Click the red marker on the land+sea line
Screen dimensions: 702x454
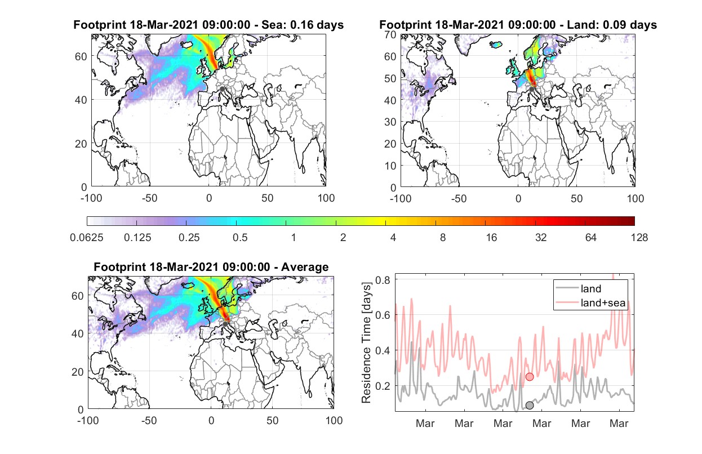(x=530, y=377)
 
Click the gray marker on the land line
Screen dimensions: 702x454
(x=530, y=406)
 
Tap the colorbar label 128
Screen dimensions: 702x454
(x=639, y=238)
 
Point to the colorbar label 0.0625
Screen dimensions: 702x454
(x=87, y=238)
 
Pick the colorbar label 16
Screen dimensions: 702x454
(x=491, y=238)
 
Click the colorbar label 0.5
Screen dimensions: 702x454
(x=240, y=238)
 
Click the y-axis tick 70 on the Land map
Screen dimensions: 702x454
(x=390, y=34)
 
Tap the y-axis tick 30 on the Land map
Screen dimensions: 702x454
(x=390, y=122)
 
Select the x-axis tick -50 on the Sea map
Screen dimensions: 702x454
(x=149, y=198)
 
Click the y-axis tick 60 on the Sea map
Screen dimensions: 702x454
(x=81, y=56)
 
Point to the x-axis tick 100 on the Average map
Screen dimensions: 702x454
(x=334, y=420)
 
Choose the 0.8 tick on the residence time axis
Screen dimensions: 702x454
(x=383, y=280)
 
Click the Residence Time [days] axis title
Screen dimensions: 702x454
(x=366, y=343)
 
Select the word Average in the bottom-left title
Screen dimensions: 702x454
(x=305, y=267)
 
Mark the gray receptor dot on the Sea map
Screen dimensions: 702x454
(x=222, y=89)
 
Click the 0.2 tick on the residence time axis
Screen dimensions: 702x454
(x=383, y=386)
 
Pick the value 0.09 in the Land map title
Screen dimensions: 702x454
(x=614, y=25)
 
